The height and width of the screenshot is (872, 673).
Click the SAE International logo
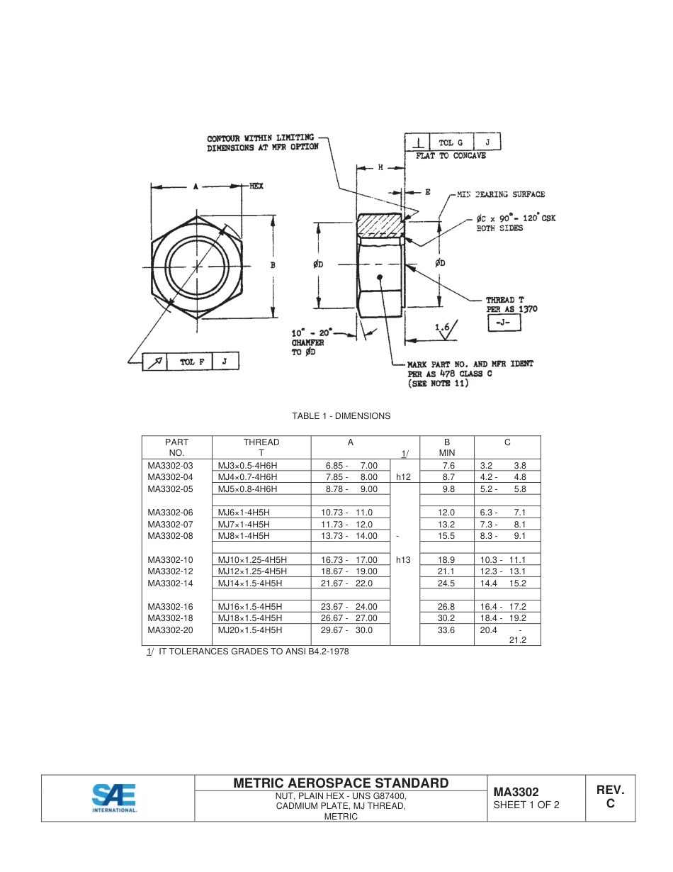coord(114,798)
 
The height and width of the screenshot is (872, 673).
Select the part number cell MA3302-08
coord(170,536)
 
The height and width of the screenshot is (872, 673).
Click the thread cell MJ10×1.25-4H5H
coord(252,559)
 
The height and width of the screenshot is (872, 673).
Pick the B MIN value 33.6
coord(446,630)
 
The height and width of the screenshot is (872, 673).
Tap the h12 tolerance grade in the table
coord(403,477)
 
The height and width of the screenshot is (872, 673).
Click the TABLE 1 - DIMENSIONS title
coord(341,416)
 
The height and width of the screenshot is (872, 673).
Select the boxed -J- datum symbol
coord(504,324)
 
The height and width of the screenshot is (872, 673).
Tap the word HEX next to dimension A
coord(256,186)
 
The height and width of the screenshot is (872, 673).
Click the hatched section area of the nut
coord(380,225)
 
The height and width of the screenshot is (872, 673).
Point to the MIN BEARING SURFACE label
coord(500,194)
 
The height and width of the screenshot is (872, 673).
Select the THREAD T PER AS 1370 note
coord(511,304)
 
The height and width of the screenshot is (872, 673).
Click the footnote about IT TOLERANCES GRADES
coord(247,652)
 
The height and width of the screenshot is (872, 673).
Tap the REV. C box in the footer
coord(610,797)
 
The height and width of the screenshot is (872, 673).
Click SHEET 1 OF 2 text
coord(526,805)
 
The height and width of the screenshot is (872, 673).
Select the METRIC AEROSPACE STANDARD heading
coord(341,783)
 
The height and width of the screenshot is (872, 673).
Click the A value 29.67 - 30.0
coord(346,630)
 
